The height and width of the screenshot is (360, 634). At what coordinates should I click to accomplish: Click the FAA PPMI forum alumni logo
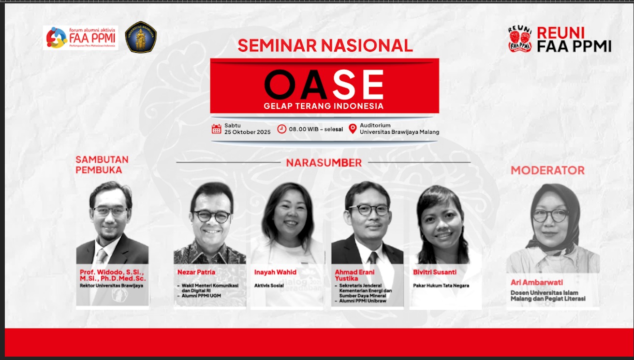81,38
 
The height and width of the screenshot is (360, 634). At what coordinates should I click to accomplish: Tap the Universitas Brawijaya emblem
141,37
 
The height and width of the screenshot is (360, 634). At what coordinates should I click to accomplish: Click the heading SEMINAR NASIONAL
325,45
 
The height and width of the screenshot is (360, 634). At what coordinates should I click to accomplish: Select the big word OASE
324,84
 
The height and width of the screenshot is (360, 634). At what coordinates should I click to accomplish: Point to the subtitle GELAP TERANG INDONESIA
324,106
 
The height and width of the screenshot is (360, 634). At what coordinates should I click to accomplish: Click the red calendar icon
217,129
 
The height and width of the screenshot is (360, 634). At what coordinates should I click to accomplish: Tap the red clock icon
281,129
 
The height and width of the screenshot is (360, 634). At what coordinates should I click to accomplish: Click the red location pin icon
353,129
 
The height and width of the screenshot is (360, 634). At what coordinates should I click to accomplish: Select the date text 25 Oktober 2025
248,132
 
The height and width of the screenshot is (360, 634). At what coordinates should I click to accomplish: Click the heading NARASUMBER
324,163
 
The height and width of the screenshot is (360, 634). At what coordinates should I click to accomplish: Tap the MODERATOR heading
547,170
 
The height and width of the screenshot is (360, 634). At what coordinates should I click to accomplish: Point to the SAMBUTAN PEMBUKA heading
102,165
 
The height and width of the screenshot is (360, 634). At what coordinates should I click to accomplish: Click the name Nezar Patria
196,272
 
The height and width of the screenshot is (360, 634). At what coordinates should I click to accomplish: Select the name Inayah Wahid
275,272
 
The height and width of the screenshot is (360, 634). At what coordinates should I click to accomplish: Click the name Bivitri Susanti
435,272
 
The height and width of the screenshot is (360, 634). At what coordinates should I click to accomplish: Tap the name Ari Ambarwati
537,282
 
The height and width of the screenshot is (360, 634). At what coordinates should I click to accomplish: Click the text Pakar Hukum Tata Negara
441,286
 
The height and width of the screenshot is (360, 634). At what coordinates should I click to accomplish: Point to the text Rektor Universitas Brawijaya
111,286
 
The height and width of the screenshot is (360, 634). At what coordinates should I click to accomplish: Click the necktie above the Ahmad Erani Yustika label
373,258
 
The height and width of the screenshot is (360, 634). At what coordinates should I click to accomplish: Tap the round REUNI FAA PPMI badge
520,39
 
